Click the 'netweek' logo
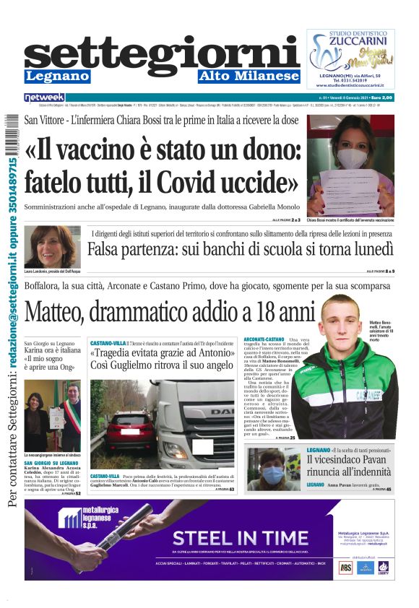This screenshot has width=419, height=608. pyautogui.click(x=45, y=97)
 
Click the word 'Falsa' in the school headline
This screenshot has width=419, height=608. pyautogui.click(x=111, y=251)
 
